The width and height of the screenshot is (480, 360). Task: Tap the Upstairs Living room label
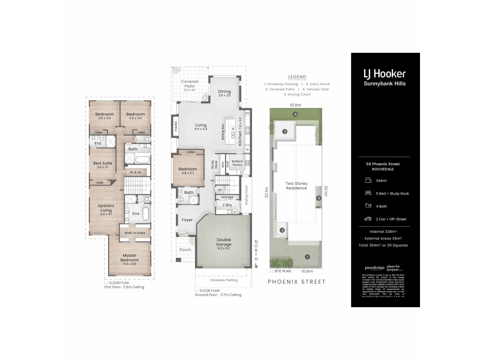point(106,208)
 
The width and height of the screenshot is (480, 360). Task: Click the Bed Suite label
point(101,164)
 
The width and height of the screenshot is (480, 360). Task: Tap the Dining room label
point(224,93)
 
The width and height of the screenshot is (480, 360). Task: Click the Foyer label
point(187,220)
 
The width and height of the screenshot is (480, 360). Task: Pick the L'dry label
point(227,205)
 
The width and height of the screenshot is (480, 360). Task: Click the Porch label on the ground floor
point(185,250)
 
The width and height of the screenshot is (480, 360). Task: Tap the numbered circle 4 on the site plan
point(295,114)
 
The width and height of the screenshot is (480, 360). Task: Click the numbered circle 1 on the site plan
point(307,257)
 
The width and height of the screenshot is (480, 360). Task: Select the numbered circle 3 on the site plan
point(285,131)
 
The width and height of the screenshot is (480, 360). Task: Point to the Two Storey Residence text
point(296,185)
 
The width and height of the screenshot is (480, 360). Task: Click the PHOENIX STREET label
point(296,281)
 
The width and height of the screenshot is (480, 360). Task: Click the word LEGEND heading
point(296,77)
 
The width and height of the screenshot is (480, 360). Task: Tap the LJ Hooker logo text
point(385,74)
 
